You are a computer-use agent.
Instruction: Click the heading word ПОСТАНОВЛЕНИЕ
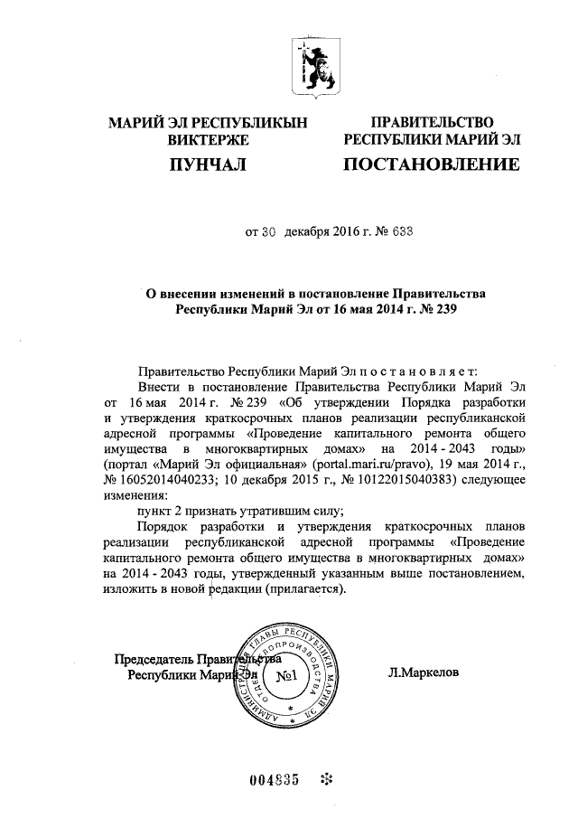click(x=432, y=165)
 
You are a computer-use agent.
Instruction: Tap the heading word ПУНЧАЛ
click(x=207, y=165)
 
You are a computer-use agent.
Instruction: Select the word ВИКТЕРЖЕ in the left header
click(x=207, y=140)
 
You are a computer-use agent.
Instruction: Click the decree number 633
click(x=378, y=230)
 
